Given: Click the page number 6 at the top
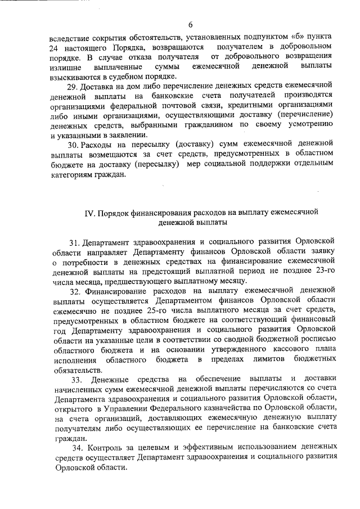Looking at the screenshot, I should point(191,24).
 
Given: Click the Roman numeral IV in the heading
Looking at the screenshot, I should point(89,213).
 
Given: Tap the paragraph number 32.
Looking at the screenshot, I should point(76,291).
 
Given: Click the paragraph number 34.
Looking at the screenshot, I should point(79,447).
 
